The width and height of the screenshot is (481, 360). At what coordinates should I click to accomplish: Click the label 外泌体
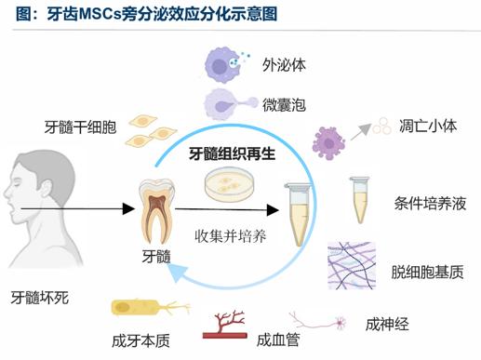pyautogui.click(x=284, y=65)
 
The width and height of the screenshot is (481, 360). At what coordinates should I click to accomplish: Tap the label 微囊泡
pyautogui.click(x=284, y=105)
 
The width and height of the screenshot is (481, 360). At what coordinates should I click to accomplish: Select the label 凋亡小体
pyautogui.click(x=428, y=127)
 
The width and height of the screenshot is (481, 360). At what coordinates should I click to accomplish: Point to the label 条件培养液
pyautogui.click(x=430, y=204)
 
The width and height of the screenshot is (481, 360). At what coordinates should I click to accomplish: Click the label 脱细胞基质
pyautogui.click(x=427, y=272)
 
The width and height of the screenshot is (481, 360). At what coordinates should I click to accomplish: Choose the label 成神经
pyautogui.click(x=387, y=325)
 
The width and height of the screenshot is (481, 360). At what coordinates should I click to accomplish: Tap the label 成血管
pyautogui.click(x=278, y=340)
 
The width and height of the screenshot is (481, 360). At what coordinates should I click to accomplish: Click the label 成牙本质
pyautogui.click(x=140, y=340)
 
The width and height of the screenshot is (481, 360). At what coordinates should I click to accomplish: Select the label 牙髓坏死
pyautogui.click(x=40, y=298)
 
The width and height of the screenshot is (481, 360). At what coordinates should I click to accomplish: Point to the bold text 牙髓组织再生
pyautogui.click(x=233, y=153)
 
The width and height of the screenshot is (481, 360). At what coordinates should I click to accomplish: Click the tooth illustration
pyautogui.click(x=156, y=210)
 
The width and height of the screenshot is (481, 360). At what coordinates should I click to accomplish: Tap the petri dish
pyautogui.click(x=229, y=184)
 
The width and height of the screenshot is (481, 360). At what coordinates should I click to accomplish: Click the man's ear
pyautogui.click(x=47, y=190)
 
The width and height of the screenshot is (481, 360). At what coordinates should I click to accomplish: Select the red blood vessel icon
pyautogui.click(x=225, y=325)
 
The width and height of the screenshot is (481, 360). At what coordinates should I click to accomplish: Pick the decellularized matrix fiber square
pyautogui.click(x=352, y=265)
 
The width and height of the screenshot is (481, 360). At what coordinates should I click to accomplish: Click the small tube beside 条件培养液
pyautogui.click(x=360, y=200)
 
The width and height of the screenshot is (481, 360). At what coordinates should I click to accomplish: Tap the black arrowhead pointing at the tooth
pyautogui.click(x=128, y=208)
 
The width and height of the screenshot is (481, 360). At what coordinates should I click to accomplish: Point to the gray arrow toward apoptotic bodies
pyautogui.click(x=361, y=132)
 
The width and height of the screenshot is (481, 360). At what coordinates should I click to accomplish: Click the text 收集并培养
pyautogui.click(x=231, y=236)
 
